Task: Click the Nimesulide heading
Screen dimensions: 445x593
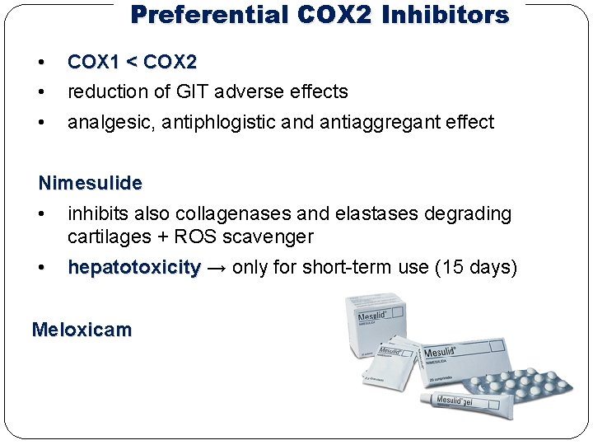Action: click(91, 182)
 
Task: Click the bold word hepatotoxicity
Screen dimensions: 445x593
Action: click(134, 267)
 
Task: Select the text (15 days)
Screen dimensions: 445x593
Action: click(476, 267)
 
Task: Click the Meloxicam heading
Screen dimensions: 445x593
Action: click(82, 330)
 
